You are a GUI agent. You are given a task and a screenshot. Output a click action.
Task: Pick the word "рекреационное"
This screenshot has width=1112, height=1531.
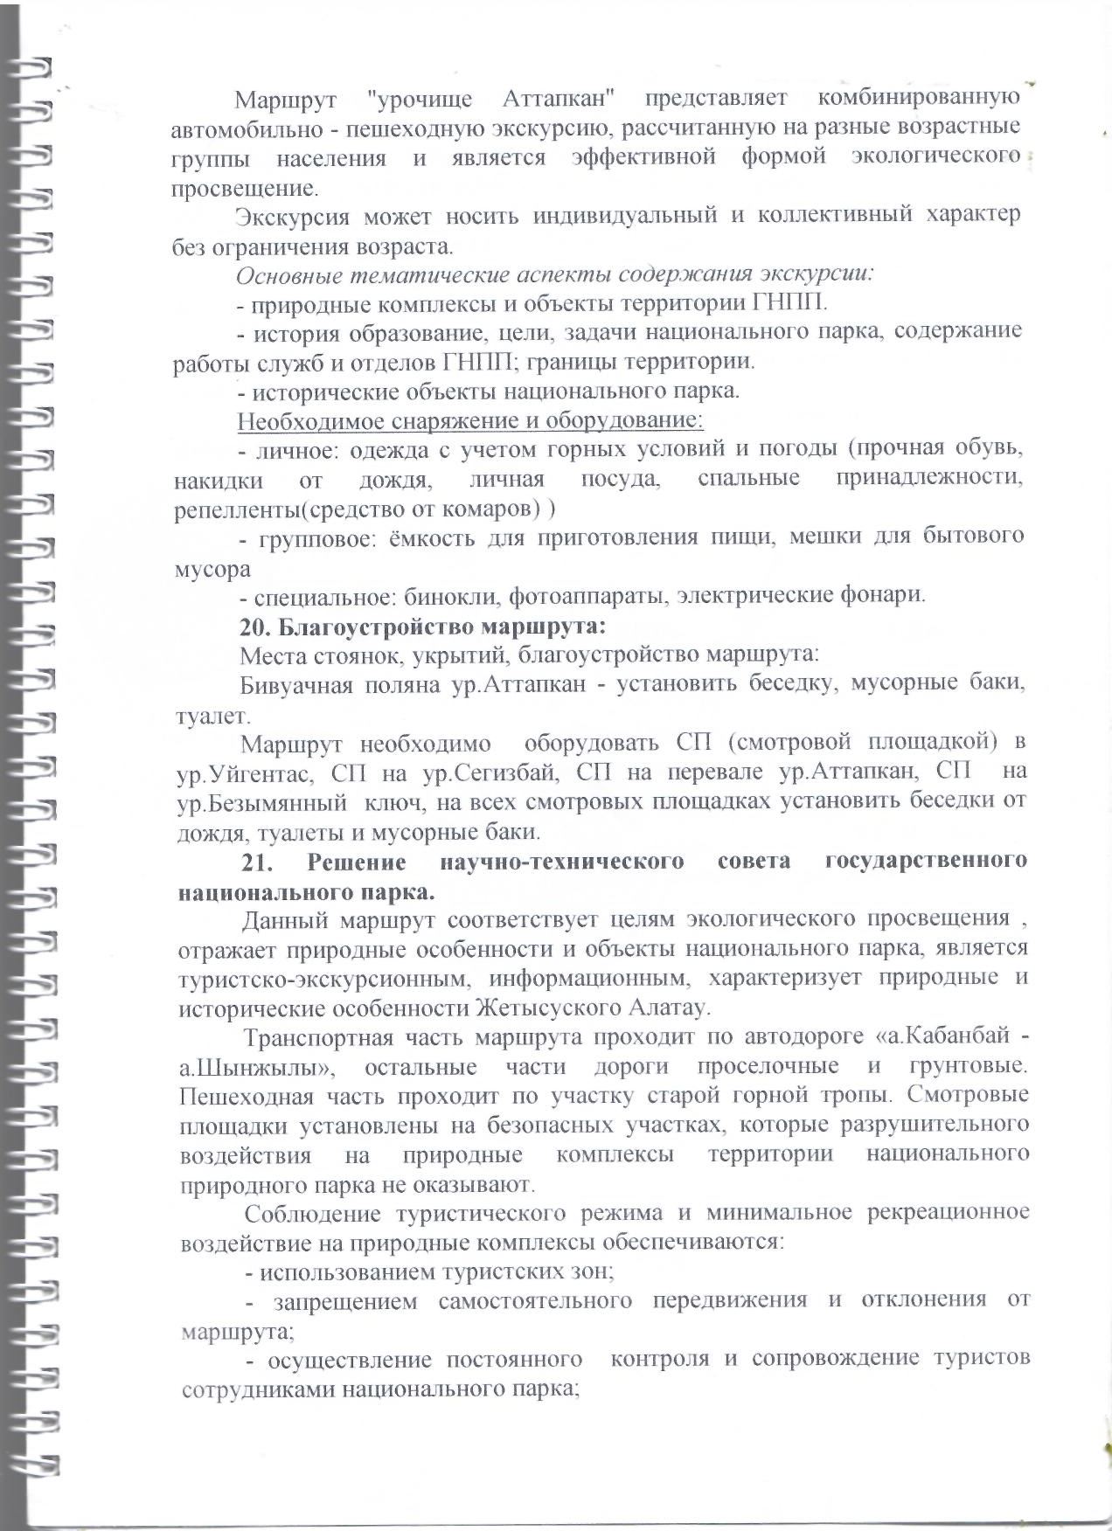click(x=939, y=1213)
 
